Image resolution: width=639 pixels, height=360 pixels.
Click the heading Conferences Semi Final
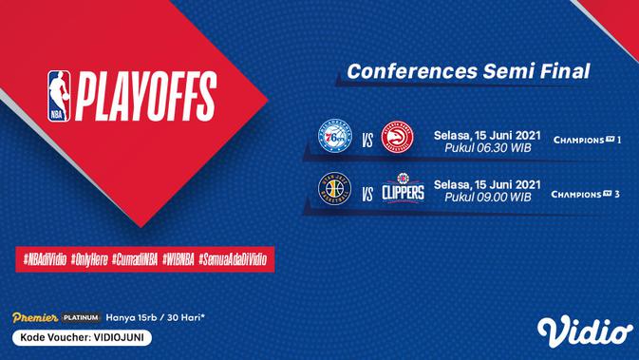[x=468, y=71]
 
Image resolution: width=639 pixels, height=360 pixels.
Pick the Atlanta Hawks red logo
[x=397, y=140]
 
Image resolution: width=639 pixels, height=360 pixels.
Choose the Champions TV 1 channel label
[x=586, y=141]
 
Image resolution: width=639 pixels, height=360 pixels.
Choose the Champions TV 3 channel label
[x=586, y=194]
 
